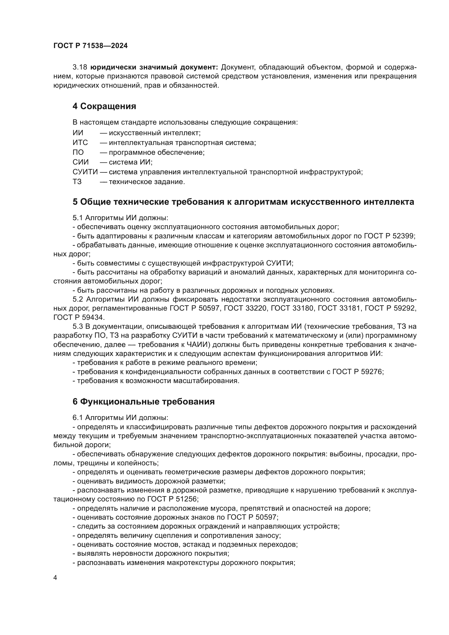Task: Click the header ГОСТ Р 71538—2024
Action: point(90,46)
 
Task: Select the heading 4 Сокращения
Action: point(104,106)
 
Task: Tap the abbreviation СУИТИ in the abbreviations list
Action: point(85,172)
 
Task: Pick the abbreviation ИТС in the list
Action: point(80,143)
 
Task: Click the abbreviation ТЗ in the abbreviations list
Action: point(77,182)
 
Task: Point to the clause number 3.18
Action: point(80,67)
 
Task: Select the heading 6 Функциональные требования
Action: point(144,402)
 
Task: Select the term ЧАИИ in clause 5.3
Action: point(195,345)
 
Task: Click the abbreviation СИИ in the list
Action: point(81,162)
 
